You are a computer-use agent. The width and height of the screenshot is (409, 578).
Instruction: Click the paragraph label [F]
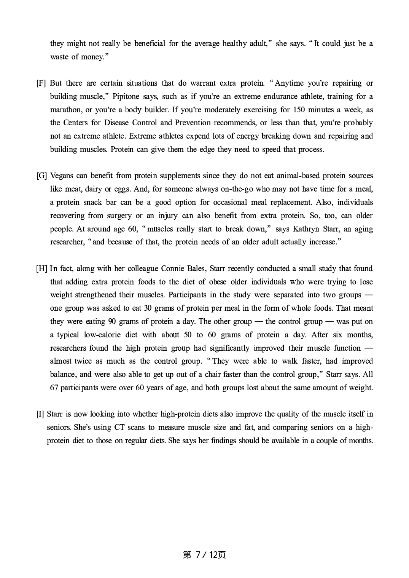(41, 83)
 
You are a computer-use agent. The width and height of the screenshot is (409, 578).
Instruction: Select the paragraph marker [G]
(41, 176)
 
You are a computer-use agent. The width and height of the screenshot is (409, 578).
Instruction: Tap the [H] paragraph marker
(41, 269)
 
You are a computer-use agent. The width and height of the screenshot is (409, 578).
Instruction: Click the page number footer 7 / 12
(204, 555)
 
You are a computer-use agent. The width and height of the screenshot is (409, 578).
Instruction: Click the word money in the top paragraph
(92, 57)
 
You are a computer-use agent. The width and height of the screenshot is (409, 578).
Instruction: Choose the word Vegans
(61, 176)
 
